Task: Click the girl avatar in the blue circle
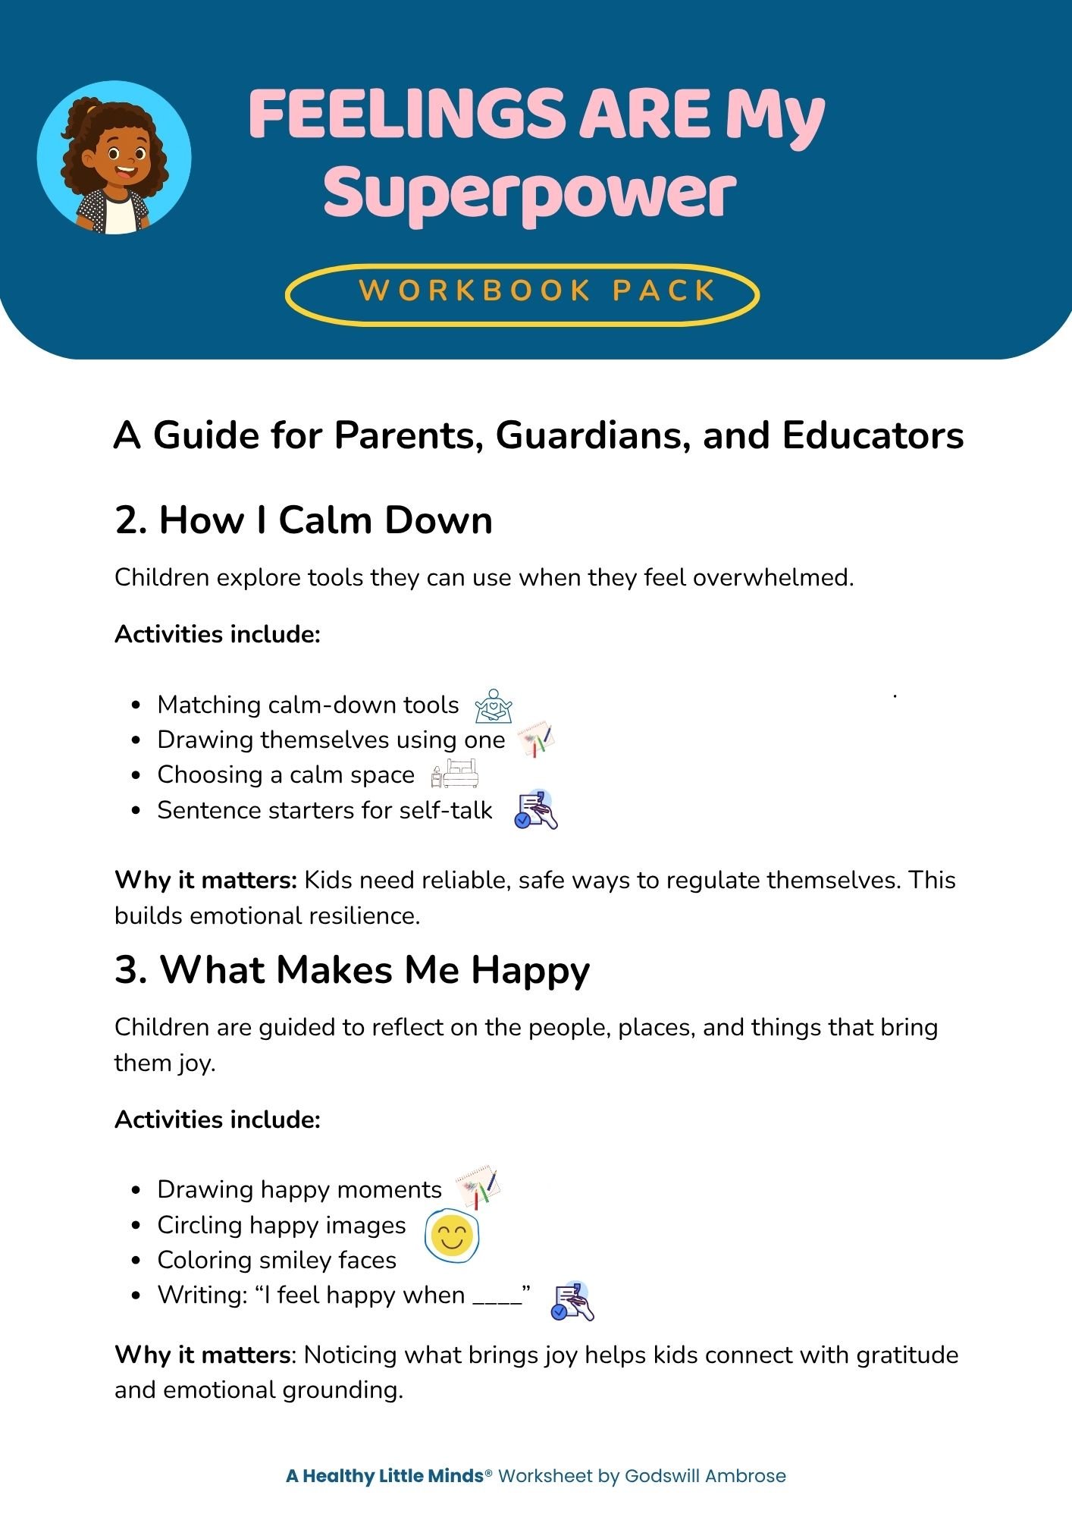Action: click(x=114, y=158)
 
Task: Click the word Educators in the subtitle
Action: click(x=873, y=435)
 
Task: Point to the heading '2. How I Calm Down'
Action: click(x=303, y=520)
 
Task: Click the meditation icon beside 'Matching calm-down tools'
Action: click(x=494, y=705)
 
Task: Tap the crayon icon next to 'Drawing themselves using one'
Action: click(x=536, y=740)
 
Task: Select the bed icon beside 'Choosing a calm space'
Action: click(x=455, y=774)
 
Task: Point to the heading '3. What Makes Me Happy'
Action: click(x=352, y=970)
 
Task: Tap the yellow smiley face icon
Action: click(x=452, y=1236)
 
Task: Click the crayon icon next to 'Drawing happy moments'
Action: click(x=477, y=1188)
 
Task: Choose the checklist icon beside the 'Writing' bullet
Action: click(x=572, y=1301)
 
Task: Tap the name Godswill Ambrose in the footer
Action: click(x=705, y=1476)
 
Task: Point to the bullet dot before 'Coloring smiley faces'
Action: click(x=136, y=1261)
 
